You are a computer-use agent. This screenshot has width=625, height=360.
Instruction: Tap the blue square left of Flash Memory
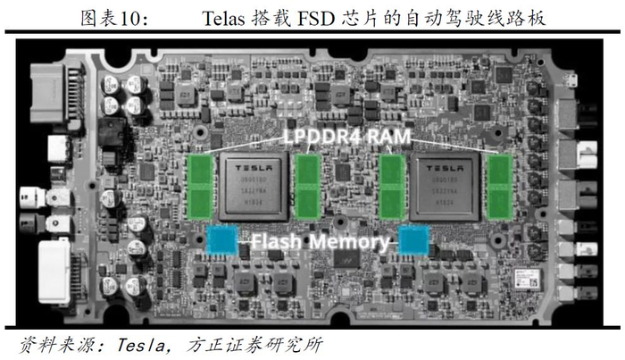click(x=221, y=239)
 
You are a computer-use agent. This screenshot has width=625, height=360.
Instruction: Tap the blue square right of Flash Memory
click(x=413, y=239)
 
